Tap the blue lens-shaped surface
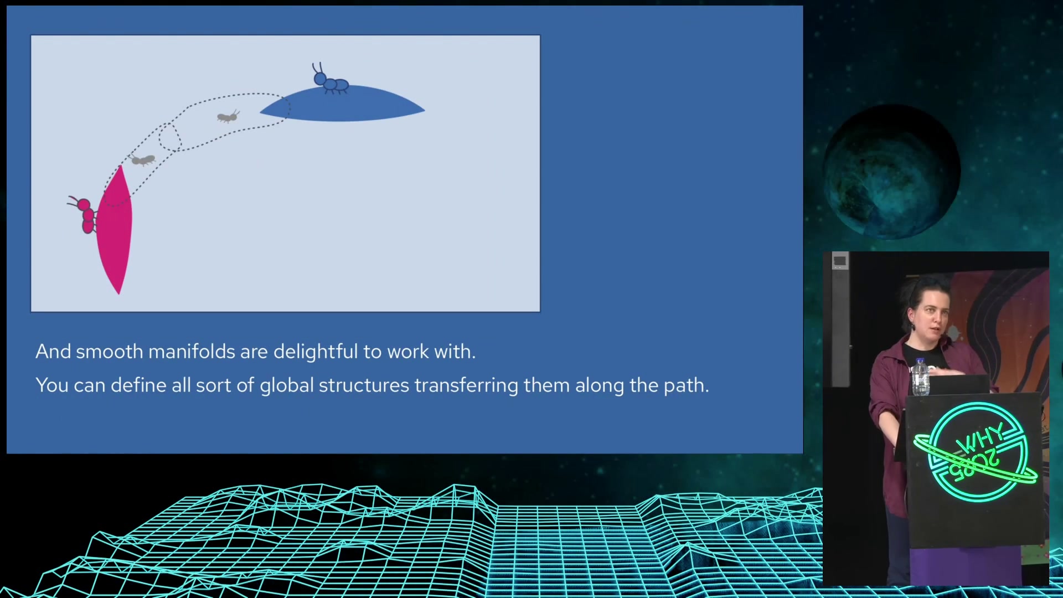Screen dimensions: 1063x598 (342, 104)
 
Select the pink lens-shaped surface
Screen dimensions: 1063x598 (115, 230)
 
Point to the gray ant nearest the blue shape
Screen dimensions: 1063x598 (228, 116)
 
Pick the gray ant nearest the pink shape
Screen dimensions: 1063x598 (143, 160)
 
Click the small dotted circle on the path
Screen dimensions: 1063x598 (169, 137)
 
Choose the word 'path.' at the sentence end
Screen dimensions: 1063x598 (687, 386)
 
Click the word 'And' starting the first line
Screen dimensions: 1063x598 (53, 352)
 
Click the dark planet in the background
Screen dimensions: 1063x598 (891, 172)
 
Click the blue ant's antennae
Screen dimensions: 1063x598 (318, 68)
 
